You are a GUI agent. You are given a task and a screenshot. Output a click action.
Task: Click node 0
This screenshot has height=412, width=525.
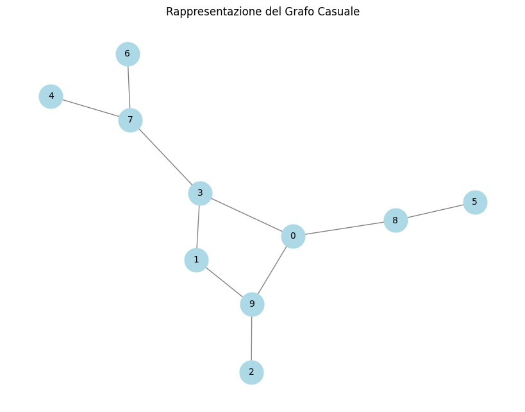pos(293,236)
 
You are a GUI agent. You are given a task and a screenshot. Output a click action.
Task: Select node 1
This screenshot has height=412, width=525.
pos(196,260)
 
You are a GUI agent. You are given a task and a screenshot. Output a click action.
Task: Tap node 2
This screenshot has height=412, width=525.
pos(251,372)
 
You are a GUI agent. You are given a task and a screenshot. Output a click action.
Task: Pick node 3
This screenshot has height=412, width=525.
pos(200,193)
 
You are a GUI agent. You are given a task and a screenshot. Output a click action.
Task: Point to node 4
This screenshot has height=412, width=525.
pos(51,97)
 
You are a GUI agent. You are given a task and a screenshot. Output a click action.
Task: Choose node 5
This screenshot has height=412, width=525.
pos(475,202)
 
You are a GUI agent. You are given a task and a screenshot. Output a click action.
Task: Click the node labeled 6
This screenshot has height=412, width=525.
pos(128,54)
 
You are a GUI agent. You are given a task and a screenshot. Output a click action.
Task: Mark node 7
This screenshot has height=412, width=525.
pos(130,121)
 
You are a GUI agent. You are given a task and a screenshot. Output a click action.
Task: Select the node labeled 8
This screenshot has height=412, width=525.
pos(396,221)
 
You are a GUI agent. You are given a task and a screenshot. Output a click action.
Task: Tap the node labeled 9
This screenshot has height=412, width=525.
pos(252,304)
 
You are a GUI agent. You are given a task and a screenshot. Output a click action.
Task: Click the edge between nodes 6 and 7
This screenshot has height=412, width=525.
pos(129,87)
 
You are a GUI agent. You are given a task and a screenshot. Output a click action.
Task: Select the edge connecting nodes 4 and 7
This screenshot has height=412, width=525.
pos(90,108)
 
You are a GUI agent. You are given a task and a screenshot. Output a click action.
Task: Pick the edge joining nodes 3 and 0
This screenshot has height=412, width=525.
pos(247,215)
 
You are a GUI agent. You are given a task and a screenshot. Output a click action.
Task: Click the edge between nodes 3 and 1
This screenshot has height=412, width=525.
pos(198,227)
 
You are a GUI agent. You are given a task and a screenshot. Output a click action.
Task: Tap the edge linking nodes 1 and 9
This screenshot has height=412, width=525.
pos(224,282)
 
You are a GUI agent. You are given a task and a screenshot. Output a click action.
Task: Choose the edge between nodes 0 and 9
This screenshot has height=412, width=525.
pos(272,270)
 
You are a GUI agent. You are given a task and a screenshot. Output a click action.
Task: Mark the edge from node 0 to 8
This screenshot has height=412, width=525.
pos(344,228)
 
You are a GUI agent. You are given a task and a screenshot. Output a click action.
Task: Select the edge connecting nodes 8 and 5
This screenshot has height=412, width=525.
pos(435,212)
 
